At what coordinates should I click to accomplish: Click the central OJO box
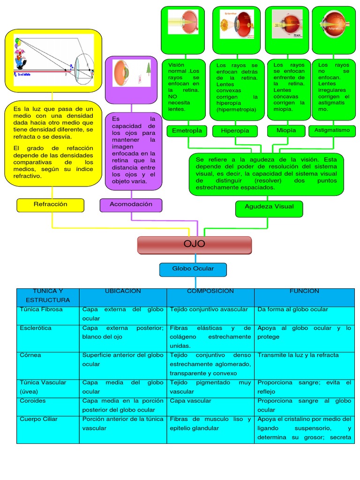tap(194, 245)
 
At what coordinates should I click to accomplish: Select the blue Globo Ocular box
tap(193, 269)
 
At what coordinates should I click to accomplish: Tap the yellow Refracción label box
tap(50, 205)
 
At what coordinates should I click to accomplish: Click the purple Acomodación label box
tap(131, 205)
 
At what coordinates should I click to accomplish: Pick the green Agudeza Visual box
tap(269, 207)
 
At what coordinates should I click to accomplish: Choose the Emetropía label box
tap(187, 131)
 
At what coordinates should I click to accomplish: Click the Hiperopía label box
tap(235, 131)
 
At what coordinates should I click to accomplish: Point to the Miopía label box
tap(286, 131)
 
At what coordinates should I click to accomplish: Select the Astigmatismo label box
tap(332, 131)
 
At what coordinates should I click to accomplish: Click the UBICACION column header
tap(123, 292)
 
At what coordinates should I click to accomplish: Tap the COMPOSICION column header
tap(210, 292)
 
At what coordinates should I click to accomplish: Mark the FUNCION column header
tap(304, 292)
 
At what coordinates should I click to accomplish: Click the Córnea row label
tap(30, 355)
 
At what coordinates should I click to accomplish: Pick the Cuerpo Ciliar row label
tap(39, 419)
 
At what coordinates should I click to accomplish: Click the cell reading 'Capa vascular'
tap(190, 401)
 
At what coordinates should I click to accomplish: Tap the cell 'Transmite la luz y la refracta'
tap(298, 355)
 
